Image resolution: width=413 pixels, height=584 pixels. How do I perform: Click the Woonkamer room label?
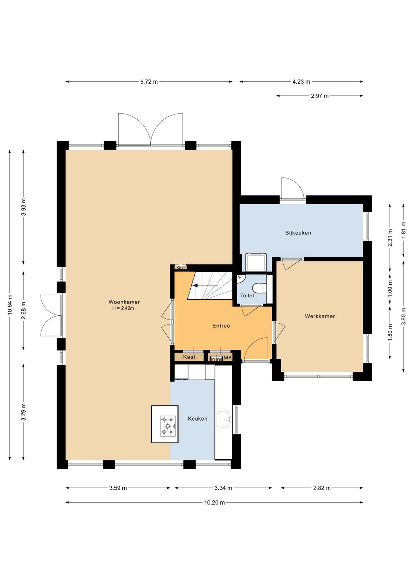(124, 302)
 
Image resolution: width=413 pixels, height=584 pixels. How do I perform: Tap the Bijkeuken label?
(298, 233)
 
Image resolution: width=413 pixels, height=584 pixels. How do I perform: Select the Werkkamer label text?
(320, 316)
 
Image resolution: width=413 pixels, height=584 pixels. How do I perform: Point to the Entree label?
(221, 326)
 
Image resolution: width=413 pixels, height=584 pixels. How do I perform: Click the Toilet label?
(247, 296)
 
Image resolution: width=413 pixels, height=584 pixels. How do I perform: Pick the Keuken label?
(197, 419)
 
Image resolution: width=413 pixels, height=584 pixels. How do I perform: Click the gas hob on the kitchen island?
(167, 426)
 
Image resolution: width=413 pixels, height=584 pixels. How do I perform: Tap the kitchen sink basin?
(223, 420)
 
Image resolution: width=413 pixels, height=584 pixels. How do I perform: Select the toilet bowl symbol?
(259, 287)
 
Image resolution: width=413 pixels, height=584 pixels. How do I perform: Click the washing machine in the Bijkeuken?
(256, 262)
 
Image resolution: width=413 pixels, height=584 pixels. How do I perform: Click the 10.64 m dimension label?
(10, 305)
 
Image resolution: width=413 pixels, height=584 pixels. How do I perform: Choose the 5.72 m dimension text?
(149, 82)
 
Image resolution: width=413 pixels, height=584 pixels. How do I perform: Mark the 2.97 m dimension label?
(320, 96)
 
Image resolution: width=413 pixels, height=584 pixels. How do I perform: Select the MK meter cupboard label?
(228, 358)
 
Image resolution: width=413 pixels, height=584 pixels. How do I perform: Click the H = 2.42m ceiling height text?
(124, 308)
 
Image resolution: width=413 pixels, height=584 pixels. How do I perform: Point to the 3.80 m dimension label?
(403, 316)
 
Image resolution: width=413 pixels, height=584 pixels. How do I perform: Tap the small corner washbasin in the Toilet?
(240, 278)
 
